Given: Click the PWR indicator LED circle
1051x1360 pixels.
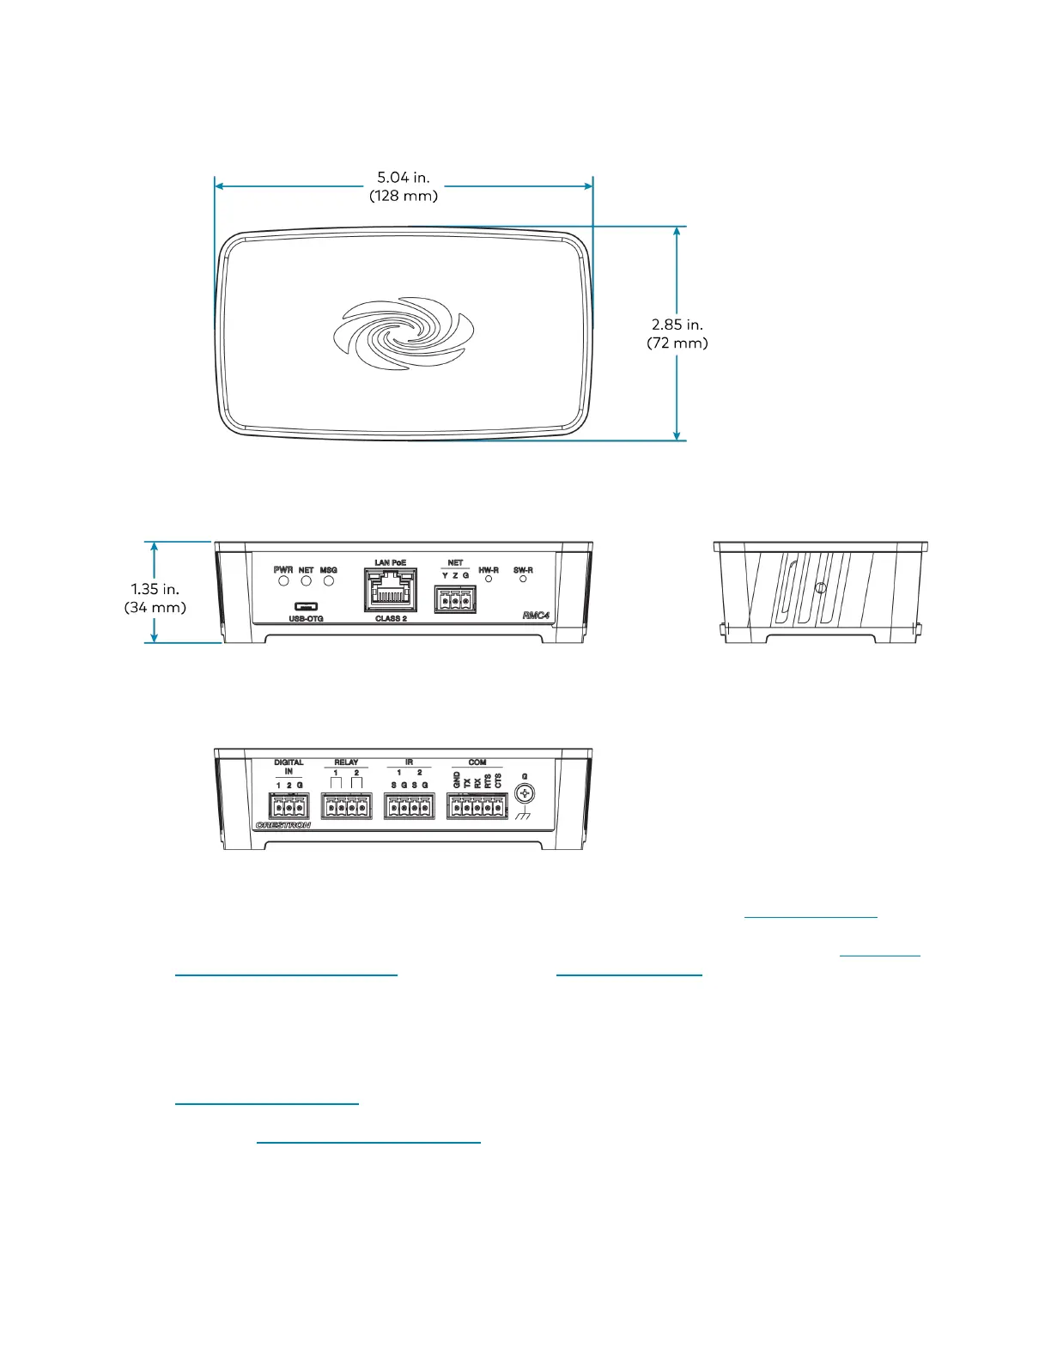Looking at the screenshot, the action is pyautogui.click(x=283, y=581).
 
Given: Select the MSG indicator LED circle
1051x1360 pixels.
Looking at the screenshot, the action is pyautogui.click(x=329, y=581).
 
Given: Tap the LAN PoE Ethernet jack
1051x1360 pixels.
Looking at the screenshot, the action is pyautogui.click(x=392, y=589).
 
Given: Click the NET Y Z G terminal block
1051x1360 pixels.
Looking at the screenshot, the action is pyautogui.click(x=455, y=599).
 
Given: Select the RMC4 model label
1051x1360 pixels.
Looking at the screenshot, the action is pyautogui.click(x=536, y=616).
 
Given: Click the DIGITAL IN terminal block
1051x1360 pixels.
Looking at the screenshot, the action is pyautogui.click(x=289, y=807).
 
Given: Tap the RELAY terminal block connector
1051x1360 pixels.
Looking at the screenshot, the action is pyautogui.click(x=346, y=807).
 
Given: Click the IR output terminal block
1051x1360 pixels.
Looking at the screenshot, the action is pyautogui.click(x=409, y=807).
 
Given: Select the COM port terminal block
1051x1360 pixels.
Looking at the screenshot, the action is pyautogui.click(x=477, y=807).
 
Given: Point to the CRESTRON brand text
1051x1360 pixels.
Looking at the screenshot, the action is pyautogui.click(x=282, y=826).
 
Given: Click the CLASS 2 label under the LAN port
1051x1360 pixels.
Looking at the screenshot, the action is pyautogui.click(x=391, y=618).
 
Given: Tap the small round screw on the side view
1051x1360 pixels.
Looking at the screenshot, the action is pyautogui.click(x=820, y=589).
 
